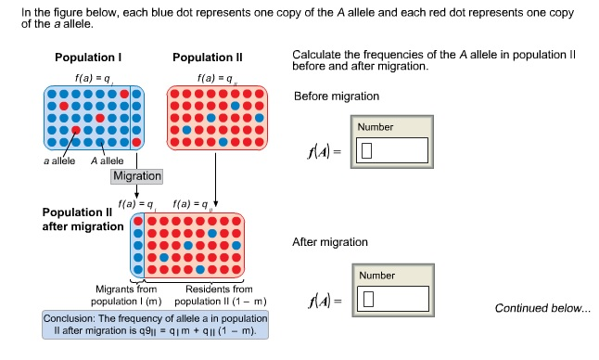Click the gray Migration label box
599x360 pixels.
click(x=137, y=175)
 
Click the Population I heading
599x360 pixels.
click(x=88, y=58)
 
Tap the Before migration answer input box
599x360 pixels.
click(x=394, y=149)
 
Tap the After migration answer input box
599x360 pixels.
click(x=394, y=299)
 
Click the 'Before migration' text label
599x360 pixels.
click(x=336, y=97)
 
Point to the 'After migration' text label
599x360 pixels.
click(x=330, y=242)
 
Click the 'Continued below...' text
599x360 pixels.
click(x=542, y=308)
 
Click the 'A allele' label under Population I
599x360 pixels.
click(x=108, y=161)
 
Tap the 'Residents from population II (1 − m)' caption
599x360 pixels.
click(x=214, y=295)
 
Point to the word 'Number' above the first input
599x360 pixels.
click(x=376, y=127)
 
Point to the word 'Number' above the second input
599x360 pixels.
click(x=376, y=276)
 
